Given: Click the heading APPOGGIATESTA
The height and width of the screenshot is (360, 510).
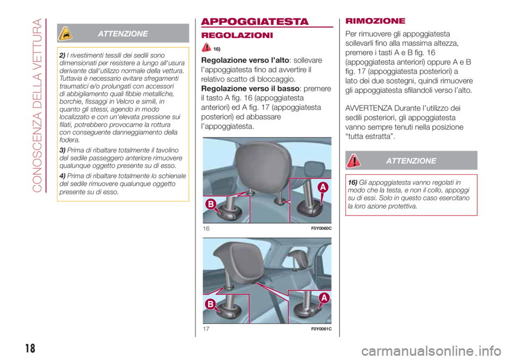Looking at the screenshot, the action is click(254, 21).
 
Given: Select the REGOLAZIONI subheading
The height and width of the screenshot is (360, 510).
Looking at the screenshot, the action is click(237, 35).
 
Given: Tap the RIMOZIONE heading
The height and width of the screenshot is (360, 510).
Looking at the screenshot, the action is click(376, 21).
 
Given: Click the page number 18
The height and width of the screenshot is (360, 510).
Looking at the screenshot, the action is click(30, 348).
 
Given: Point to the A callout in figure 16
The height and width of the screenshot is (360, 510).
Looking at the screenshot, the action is click(322, 187).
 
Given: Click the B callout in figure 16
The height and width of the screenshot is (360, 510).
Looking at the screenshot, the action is click(211, 204).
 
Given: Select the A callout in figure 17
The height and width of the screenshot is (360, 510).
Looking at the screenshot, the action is click(324, 297).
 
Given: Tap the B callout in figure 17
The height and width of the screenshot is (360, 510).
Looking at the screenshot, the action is click(210, 304).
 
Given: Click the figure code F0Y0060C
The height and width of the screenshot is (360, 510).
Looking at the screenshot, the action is click(321, 228).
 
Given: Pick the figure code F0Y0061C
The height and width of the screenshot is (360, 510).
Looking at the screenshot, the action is click(321, 329).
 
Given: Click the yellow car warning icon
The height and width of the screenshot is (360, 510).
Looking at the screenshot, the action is click(65, 33).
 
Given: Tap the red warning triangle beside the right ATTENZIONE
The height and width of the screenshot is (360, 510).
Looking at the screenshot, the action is click(353, 161).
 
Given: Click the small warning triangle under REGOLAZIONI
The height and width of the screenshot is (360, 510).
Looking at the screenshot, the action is click(206, 47).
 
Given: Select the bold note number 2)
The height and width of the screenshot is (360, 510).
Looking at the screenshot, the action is click(63, 55).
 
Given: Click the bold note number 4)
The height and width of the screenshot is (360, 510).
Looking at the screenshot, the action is click(63, 176).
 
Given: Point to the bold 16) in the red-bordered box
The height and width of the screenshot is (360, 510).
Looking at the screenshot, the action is click(353, 183).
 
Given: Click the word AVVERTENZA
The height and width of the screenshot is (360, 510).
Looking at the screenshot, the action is click(369, 108).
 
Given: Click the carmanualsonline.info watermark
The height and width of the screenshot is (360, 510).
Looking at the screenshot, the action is click(431, 351).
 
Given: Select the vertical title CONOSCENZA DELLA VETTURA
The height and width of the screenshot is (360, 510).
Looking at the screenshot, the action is click(37, 105).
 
